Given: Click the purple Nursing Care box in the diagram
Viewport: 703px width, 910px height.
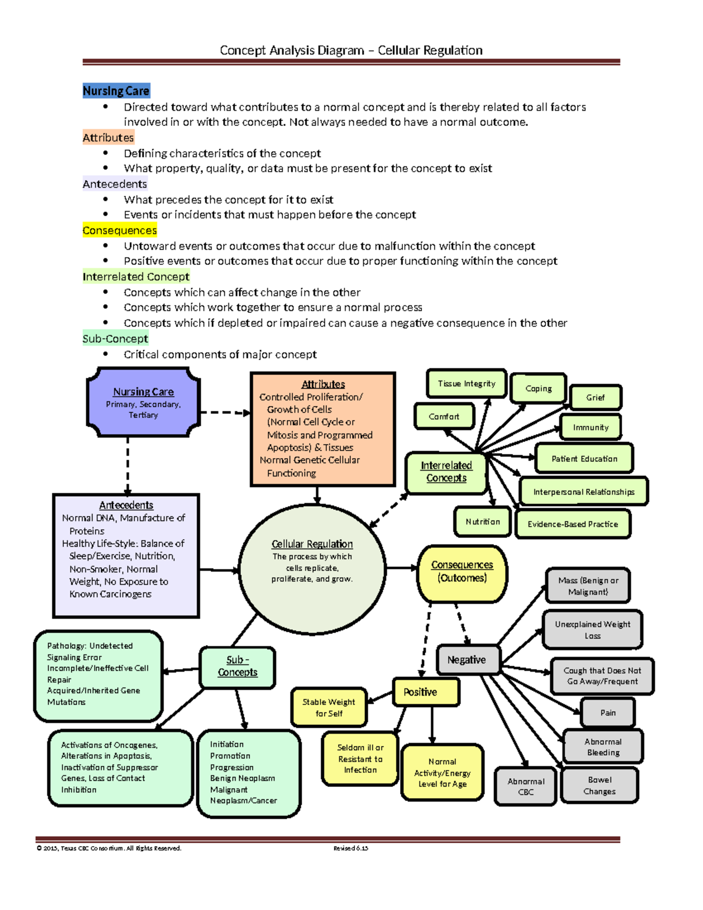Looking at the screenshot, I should [144, 403].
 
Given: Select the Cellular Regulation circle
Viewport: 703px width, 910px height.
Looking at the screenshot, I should [312, 569].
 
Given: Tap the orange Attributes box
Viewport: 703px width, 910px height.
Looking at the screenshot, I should [323, 429].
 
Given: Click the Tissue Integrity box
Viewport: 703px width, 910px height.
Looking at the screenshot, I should [466, 384].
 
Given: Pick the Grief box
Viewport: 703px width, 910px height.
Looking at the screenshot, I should [595, 398].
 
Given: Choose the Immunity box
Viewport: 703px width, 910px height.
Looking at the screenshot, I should [591, 428].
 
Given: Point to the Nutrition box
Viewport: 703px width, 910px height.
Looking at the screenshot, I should [483, 522].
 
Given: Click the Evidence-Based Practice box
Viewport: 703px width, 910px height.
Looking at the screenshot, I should [572, 524].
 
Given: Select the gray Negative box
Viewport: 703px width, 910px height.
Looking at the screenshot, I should [467, 660].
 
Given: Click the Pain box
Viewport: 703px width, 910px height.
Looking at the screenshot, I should [608, 713].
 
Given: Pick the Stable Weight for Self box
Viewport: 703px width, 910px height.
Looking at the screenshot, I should [329, 707].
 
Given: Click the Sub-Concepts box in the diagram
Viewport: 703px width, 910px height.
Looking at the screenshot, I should [237, 667].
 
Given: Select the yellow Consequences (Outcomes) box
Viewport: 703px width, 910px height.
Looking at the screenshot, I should [462, 572].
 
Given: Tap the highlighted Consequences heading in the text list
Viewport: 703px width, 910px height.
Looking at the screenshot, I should [120, 230].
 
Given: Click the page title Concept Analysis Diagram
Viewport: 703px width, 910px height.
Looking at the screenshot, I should [351, 50].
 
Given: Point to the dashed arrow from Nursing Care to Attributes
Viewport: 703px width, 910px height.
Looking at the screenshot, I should [225, 413].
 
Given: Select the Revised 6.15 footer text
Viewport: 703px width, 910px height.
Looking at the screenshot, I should [350, 848].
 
